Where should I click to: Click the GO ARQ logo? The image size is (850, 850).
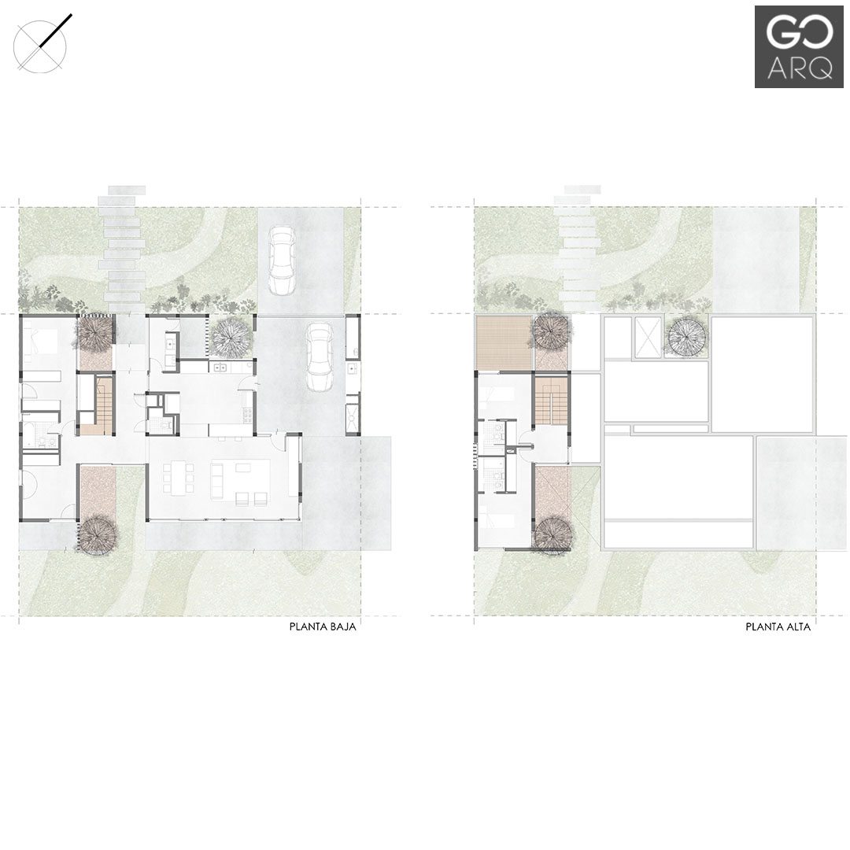(799, 46)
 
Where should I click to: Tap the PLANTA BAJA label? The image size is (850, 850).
(323, 627)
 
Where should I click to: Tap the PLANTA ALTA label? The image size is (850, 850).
(778, 627)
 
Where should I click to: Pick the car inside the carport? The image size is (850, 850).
(319, 357)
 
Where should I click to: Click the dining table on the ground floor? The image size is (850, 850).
(177, 478)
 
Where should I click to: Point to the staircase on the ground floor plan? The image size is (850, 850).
(104, 401)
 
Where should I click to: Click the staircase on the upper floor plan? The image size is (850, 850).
(551, 400)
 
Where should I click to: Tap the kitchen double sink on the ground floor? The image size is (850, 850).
(220, 368)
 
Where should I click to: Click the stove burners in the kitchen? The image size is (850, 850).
(248, 414)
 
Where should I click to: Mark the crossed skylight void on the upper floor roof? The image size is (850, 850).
(649, 338)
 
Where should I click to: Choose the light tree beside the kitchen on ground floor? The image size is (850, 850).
(231, 337)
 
